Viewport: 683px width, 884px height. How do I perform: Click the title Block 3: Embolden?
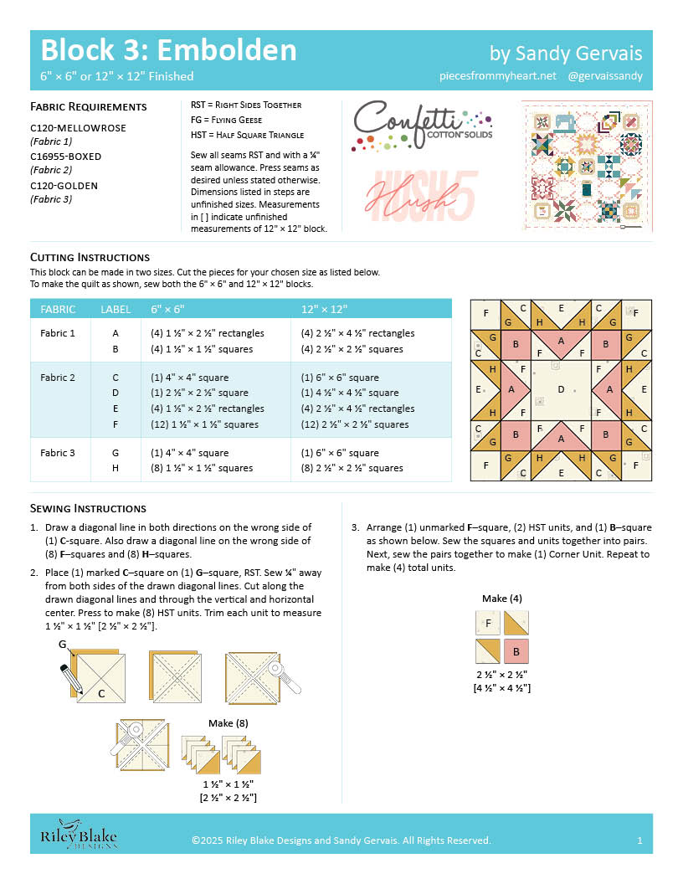[x=168, y=50]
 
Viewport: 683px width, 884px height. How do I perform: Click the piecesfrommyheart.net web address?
[x=497, y=76]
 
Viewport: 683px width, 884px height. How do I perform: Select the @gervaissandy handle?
[x=604, y=76]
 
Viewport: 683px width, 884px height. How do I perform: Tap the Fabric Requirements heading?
[x=89, y=106]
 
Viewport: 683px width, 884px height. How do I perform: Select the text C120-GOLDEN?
[x=64, y=185]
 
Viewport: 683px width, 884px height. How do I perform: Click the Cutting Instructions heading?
[x=90, y=257]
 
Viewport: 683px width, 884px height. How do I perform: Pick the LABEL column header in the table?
[x=116, y=309]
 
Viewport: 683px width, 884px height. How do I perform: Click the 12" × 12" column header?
[x=325, y=309]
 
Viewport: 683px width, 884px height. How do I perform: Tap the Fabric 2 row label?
[x=58, y=378]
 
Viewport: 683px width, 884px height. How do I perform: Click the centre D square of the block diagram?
[x=561, y=390]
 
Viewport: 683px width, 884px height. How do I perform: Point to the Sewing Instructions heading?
[x=88, y=508]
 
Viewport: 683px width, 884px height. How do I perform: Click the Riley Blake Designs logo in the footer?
[x=79, y=839]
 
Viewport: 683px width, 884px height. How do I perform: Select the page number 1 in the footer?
[x=639, y=840]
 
